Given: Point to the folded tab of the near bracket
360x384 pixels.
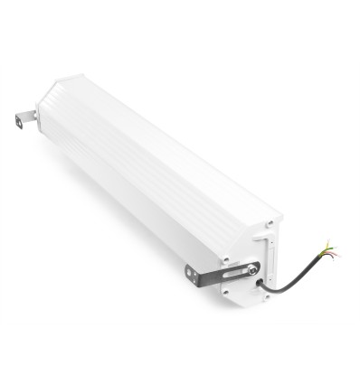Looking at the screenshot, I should pyautogui.click(x=192, y=276).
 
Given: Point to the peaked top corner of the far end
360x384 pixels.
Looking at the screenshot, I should pyautogui.click(x=56, y=79).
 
